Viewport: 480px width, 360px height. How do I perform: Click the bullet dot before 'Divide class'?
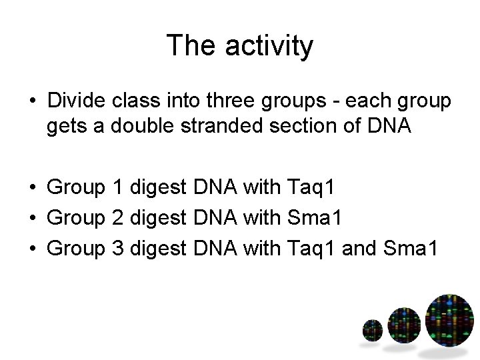(x=31, y=103)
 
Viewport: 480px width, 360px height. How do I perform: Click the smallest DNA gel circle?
(x=372, y=329)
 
